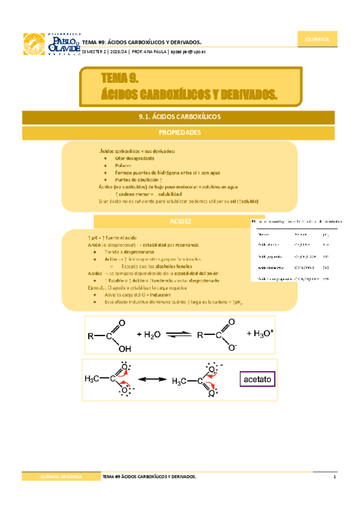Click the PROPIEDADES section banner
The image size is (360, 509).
(x=180, y=132)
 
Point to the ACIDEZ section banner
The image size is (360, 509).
(x=180, y=221)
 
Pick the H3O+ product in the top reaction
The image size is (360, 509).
(x=260, y=333)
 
